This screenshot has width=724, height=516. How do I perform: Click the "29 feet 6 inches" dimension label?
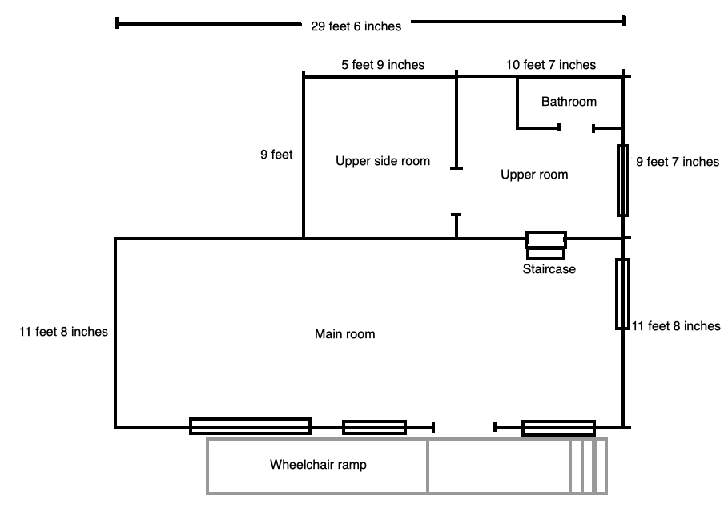[x=356, y=26]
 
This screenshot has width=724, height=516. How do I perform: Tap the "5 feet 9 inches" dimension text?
[x=383, y=65]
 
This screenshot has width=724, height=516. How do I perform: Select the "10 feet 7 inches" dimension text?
[x=551, y=65]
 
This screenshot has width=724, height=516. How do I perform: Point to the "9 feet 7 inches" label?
[x=677, y=162]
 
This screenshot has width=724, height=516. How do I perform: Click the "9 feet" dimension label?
[x=276, y=155]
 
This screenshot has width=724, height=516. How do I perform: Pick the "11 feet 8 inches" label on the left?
[x=63, y=331]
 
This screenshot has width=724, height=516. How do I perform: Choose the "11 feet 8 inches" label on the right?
[x=677, y=326]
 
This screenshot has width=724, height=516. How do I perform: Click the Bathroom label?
[x=569, y=102]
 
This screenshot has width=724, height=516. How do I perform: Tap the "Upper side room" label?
[x=383, y=161]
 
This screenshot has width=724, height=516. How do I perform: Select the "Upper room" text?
[x=534, y=175]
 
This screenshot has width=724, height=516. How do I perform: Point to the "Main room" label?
[x=344, y=334]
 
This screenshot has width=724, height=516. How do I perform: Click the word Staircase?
[x=549, y=269]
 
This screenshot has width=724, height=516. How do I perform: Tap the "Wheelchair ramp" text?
[x=318, y=465]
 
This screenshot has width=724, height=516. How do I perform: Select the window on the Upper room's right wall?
[x=622, y=180]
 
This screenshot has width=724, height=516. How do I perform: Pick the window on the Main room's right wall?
[x=622, y=294]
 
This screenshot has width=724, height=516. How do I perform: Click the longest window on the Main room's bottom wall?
[x=250, y=426]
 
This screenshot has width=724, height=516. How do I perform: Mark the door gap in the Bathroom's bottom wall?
[x=576, y=128]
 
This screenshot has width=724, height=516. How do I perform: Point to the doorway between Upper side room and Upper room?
[x=456, y=191]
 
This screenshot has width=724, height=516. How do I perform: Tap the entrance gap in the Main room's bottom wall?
[x=464, y=428]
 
